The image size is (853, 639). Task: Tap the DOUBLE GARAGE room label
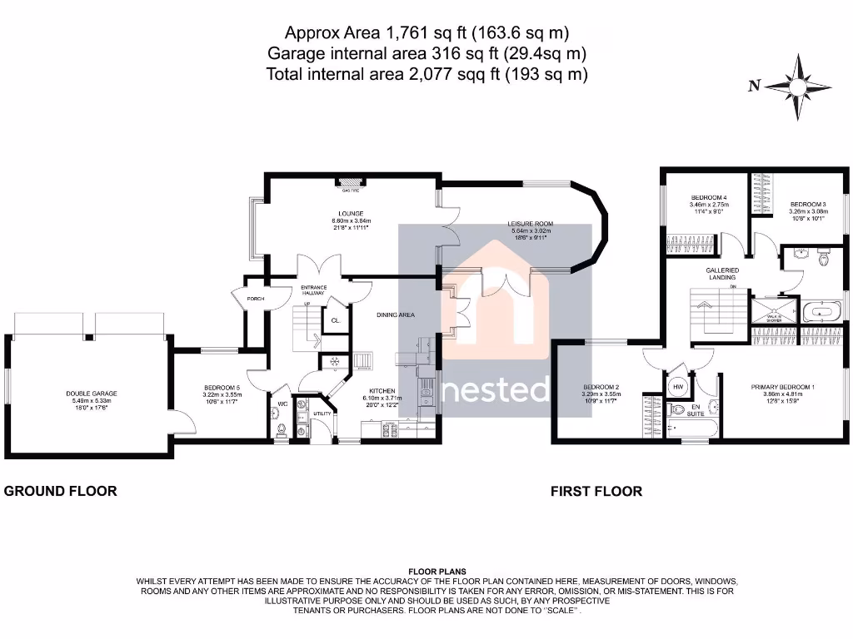pos(92,394)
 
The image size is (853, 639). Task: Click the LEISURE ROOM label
pos(531,224)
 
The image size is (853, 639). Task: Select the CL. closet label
pos(335,320)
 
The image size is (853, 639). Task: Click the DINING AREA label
pos(396,315)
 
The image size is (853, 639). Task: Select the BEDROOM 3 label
pos(807,204)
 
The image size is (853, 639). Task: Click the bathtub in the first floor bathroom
pos(821,314)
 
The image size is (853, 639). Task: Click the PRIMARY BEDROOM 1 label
pos(782,387)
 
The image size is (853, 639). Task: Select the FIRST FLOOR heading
pos(596,491)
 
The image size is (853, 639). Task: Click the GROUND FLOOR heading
pos(61,491)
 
